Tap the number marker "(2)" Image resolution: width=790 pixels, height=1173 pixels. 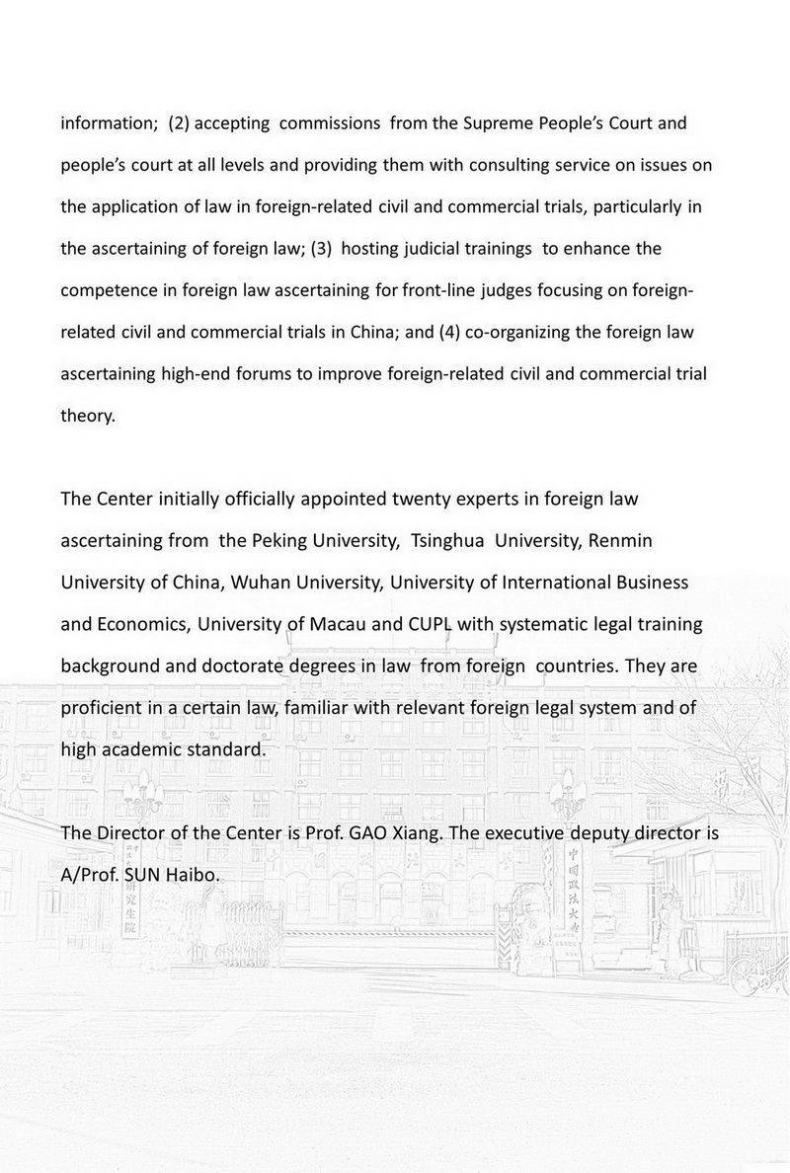pyautogui.click(x=186, y=124)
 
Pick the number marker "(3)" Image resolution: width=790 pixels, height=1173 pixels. pyautogui.click(x=321, y=249)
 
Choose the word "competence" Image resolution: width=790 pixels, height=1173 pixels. pyautogui.click(x=107, y=290)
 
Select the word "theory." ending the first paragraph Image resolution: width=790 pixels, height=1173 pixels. pyautogui.click(x=89, y=416)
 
